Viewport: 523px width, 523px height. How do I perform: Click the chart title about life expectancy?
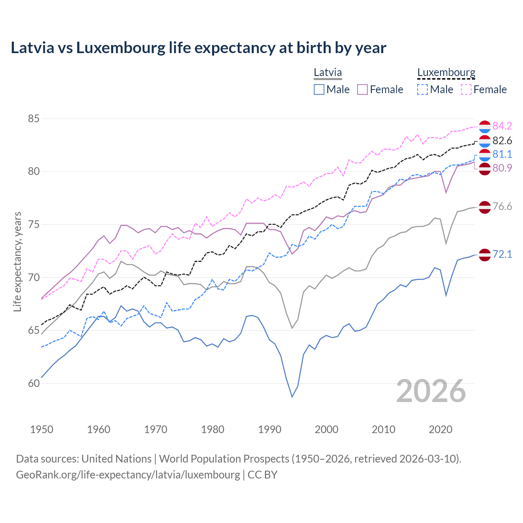pyautogui.click(x=199, y=48)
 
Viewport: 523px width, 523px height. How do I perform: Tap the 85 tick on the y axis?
pyautogui.click(x=34, y=119)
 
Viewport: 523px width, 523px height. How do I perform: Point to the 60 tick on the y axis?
pyautogui.click(x=34, y=383)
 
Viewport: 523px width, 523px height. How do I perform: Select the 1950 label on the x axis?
pyautogui.click(x=42, y=429)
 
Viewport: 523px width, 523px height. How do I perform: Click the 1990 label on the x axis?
pyautogui.click(x=270, y=429)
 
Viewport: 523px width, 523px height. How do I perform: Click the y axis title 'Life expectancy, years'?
pyautogui.click(x=18, y=261)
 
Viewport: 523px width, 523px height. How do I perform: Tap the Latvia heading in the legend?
pyautogui.click(x=328, y=73)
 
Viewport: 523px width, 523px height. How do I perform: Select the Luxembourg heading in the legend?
pyautogui.click(x=446, y=73)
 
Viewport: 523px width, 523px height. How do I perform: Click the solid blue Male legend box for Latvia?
pyautogui.click(x=319, y=89)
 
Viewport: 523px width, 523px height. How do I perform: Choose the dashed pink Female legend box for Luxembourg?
pyautogui.click(x=466, y=89)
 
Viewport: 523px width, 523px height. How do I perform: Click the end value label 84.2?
pyautogui.click(x=502, y=126)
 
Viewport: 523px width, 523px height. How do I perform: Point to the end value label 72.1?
pyautogui.click(x=502, y=254)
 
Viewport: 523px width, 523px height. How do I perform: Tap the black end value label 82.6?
pyautogui.click(x=502, y=141)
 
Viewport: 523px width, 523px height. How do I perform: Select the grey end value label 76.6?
pyautogui.click(x=502, y=206)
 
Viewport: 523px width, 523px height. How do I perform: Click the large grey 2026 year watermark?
pyautogui.click(x=431, y=391)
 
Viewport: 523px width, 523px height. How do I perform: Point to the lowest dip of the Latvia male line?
pyautogui.click(x=292, y=397)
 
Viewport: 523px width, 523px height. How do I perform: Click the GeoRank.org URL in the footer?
pyautogui.click(x=128, y=475)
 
